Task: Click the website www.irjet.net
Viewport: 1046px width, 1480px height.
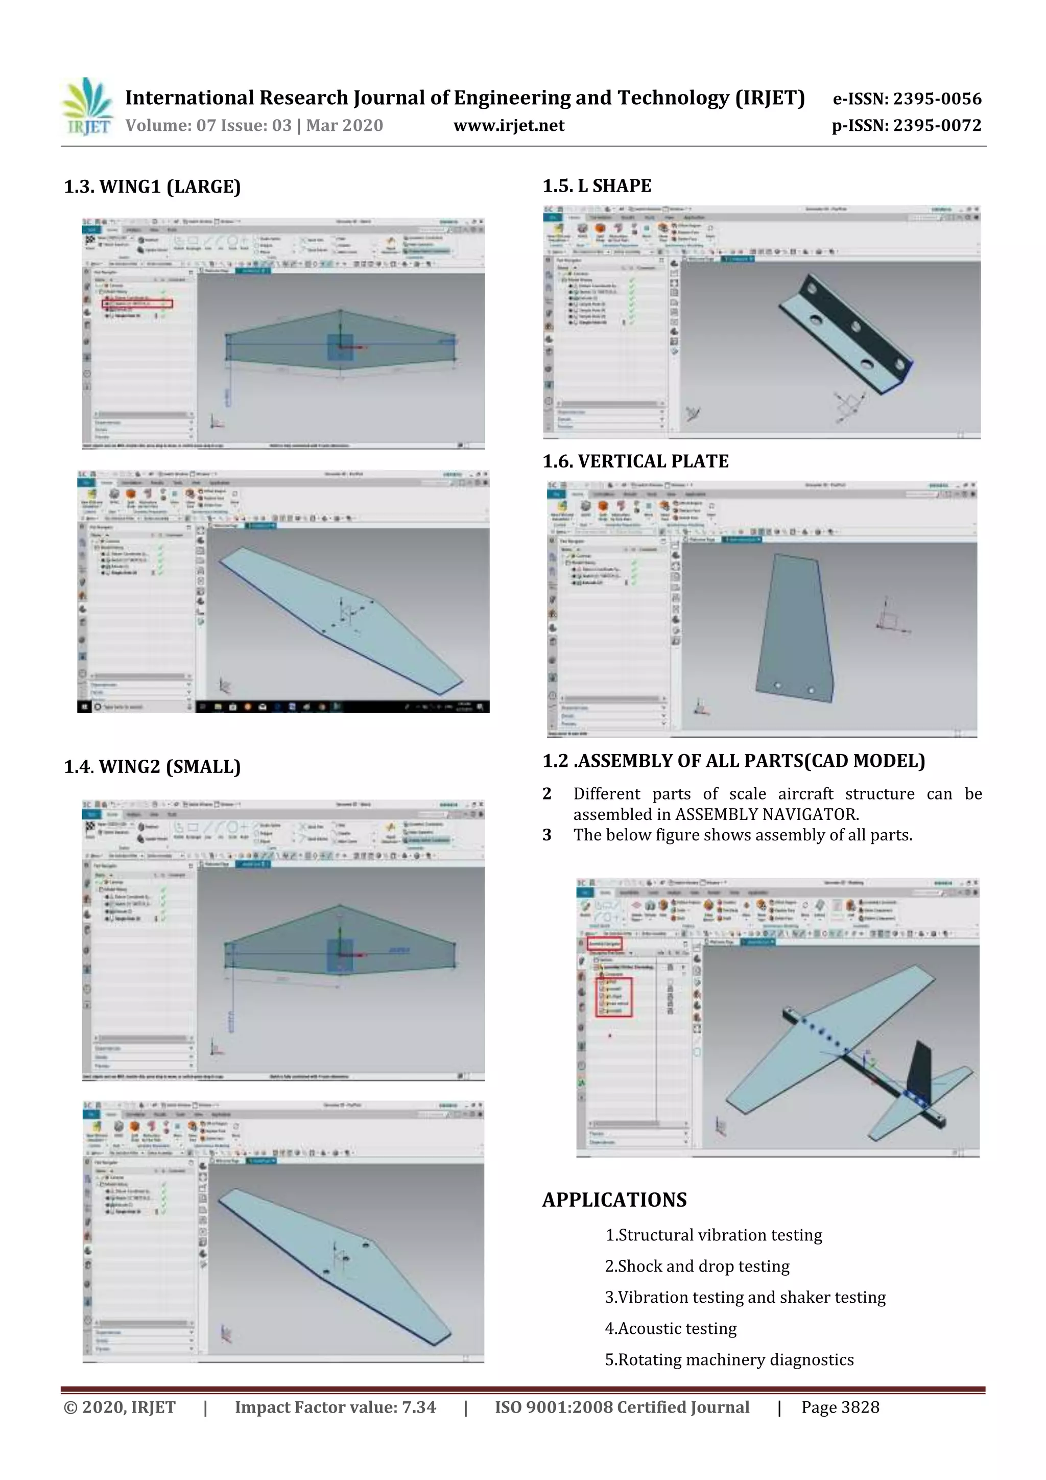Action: click(x=509, y=126)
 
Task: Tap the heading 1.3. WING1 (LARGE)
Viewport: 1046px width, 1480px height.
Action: click(x=152, y=187)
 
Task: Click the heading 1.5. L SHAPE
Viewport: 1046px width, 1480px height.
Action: click(x=597, y=185)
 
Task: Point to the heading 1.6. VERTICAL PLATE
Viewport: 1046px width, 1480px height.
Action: click(x=635, y=461)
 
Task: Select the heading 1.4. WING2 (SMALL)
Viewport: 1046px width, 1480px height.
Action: click(x=152, y=766)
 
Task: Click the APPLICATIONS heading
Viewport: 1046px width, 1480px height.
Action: click(x=614, y=1200)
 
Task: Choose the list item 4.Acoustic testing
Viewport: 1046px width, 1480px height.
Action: click(x=670, y=1328)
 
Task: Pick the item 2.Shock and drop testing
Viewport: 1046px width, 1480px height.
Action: click(x=697, y=1266)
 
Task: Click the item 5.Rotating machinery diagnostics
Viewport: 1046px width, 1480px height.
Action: click(x=729, y=1359)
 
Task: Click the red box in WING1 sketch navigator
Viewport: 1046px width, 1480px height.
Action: click(x=137, y=303)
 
